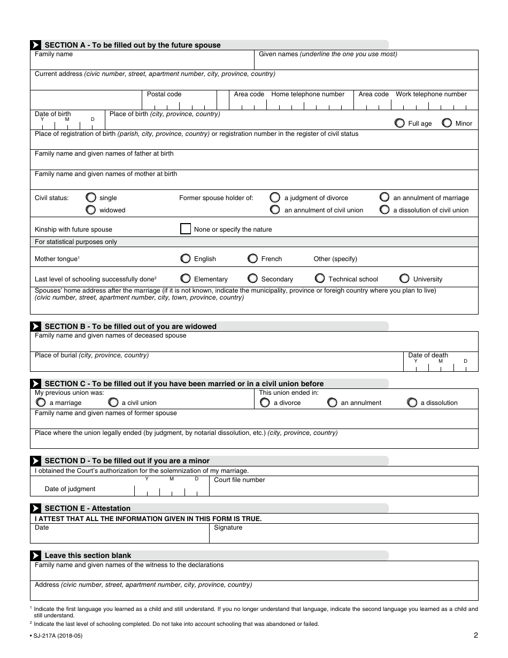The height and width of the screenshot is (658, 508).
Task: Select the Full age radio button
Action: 399,123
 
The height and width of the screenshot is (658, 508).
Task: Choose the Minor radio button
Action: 447,123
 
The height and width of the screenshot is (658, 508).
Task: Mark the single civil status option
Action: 91,197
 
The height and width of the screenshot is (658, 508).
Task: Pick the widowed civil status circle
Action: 91,210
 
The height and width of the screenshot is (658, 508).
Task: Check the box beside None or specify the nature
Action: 186,229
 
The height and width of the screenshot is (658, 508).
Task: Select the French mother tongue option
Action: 253,258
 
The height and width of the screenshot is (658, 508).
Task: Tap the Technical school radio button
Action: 320,279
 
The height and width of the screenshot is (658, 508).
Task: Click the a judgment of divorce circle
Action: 275,197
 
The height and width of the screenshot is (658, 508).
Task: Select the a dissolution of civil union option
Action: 384,210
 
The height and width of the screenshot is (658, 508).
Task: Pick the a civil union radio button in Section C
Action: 113,402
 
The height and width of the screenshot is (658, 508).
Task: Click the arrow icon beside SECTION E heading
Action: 35,508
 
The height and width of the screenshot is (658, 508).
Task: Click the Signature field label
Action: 228,527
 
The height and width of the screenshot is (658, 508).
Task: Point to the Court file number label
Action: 240,480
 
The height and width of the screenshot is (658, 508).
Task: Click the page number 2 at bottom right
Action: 475,636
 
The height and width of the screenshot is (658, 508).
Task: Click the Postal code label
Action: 164,94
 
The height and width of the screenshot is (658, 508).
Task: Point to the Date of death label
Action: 428,355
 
